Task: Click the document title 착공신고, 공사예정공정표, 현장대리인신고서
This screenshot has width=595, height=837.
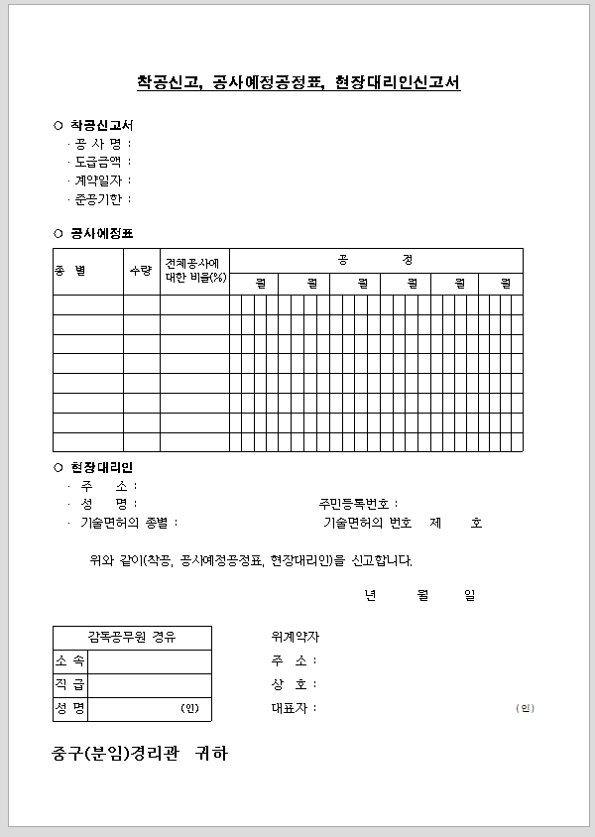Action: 298,82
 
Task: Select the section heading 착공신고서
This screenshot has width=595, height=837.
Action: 101,126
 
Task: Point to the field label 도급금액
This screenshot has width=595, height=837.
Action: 98,162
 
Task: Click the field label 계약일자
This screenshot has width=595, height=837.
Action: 98,180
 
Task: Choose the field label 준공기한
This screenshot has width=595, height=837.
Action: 98,199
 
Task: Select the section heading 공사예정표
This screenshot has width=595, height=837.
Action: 101,233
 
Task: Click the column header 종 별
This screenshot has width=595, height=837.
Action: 70,270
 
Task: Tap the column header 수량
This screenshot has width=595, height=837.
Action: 141,270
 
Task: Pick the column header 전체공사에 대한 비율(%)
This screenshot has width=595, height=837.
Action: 195,270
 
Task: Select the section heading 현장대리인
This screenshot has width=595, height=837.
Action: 101,467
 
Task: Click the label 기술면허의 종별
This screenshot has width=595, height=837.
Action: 129,523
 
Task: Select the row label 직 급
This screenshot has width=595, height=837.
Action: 70,684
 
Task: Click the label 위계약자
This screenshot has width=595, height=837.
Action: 295,637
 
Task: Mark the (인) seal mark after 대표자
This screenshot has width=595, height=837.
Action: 525,708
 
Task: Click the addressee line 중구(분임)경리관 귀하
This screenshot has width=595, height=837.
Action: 140,754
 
